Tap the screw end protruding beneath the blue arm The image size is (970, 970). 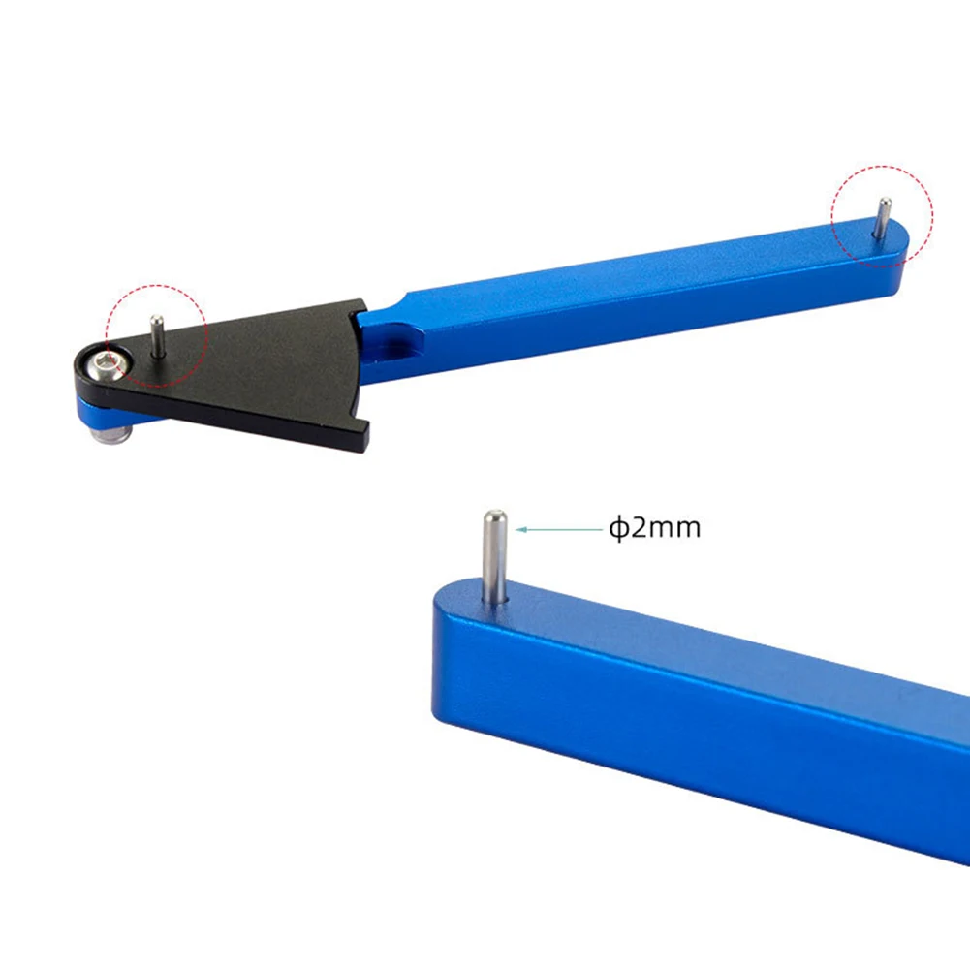click(110, 433)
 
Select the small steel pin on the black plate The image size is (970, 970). click(157, 336)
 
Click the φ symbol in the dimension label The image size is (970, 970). click(618, 528)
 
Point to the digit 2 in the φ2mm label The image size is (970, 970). click(639, 528)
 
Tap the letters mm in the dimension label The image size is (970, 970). click(674, 530)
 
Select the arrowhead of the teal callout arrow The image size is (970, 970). click(521, 529)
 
